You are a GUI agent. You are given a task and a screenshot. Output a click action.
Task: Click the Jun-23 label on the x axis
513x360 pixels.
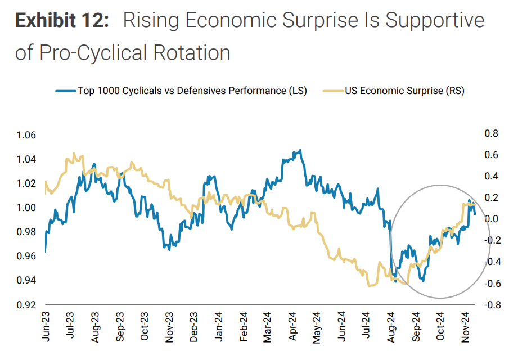point(46,326)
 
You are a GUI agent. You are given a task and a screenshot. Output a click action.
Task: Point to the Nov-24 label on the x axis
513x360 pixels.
point(466,326)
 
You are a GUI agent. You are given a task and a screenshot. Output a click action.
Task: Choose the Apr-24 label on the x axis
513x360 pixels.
point(292,326)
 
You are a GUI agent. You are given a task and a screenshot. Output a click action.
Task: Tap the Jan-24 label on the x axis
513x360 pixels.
point(218,326)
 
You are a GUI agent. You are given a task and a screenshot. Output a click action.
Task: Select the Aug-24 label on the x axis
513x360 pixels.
point(391,326)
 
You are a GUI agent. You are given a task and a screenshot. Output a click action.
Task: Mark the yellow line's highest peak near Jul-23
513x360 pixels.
point(74,153)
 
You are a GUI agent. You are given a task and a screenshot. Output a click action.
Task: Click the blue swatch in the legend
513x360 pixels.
point(65,91)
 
